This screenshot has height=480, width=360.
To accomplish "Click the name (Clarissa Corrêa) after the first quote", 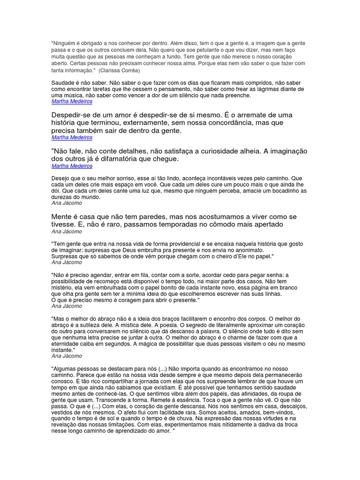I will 119,70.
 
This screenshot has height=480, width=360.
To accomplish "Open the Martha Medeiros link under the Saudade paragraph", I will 72,101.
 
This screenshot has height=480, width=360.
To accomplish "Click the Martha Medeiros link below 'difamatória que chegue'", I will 72,166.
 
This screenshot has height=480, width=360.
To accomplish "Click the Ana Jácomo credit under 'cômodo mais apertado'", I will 67,231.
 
